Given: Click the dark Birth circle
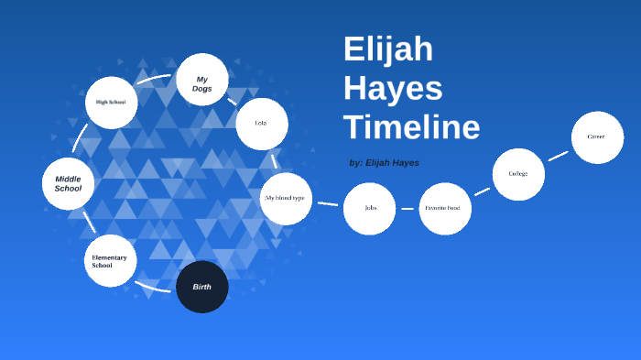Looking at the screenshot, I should [x=201, y=287].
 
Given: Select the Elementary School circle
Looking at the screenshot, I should [x=110, y=261].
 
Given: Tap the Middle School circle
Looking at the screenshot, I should [x=69, y=183].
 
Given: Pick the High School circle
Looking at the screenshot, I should [x=111, y=103].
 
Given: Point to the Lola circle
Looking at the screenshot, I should [x=262, y=124].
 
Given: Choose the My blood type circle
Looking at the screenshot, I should [x=286, y=198].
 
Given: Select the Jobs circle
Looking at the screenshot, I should [x=369, y=209].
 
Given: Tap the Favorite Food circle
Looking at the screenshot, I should [x=445, y=209].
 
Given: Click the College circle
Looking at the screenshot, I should [x=518, y=174].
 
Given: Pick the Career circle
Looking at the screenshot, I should [x=597, y=137].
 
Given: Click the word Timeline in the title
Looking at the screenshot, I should [x=411, y=126].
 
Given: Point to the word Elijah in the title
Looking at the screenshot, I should [x=388, y=49].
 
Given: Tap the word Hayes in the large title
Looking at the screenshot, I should [x=393, y=88].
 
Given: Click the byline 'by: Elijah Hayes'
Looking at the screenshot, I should [x=385, y=162].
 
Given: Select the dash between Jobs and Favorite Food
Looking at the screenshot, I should [x=407, y=209].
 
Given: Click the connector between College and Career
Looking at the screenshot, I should [x=559, y=156].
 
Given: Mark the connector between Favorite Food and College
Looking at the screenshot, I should [x=482, y=191].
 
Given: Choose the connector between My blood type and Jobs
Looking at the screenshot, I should [x=328, y=203].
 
